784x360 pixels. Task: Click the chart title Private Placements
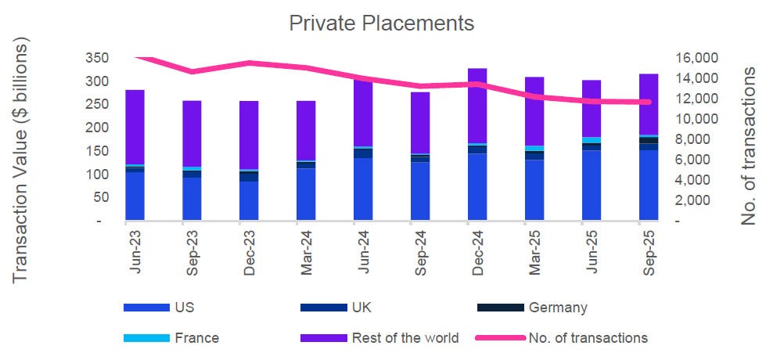pos(382,23)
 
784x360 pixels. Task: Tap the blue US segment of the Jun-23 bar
pos(135,196)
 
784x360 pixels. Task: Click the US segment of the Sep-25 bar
pos(649,185)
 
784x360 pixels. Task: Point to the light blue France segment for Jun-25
pos(592,140)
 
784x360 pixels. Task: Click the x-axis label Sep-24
pos(421,250)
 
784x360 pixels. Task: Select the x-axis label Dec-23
pos(250,250)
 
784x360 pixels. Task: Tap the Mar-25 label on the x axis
pos(534,250)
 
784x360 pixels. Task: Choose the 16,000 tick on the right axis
pos(695,58)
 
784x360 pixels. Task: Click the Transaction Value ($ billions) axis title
pos(21,164)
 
